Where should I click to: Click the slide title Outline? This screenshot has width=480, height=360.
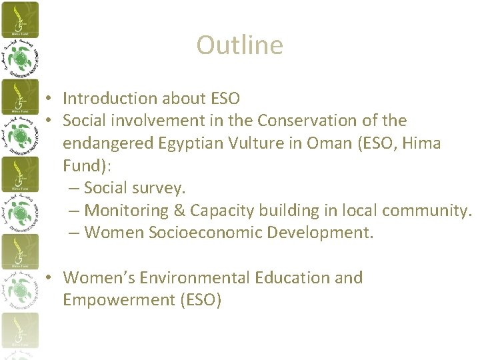click(x=239, y=45)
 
